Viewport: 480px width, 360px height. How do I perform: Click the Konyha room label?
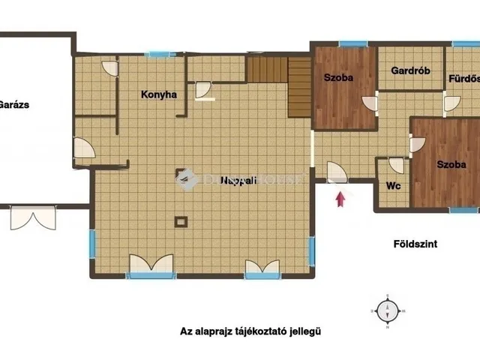pos(159,94)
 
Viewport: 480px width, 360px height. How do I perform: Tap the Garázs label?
pos(14,105)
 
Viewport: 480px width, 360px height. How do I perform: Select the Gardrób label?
pos(409,72)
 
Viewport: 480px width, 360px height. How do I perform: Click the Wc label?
pos(392,186)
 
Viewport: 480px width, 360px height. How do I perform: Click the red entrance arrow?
pos(340,199)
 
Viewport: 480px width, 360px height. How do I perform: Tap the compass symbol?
pos(388,310)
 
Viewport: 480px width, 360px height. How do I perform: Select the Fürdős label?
pos(463,78)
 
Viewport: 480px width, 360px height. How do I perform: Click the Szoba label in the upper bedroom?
pos(338,77)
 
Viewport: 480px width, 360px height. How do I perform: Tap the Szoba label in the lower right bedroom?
pos(451,164)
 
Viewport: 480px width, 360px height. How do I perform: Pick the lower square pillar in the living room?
pos(180,221)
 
